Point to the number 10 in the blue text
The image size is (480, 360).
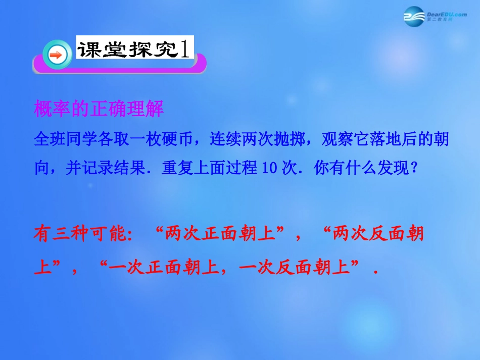click(x=268, y=169)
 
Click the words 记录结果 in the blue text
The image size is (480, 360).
click(x=114, y=169)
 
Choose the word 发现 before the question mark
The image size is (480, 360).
click(x=391, y=169)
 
